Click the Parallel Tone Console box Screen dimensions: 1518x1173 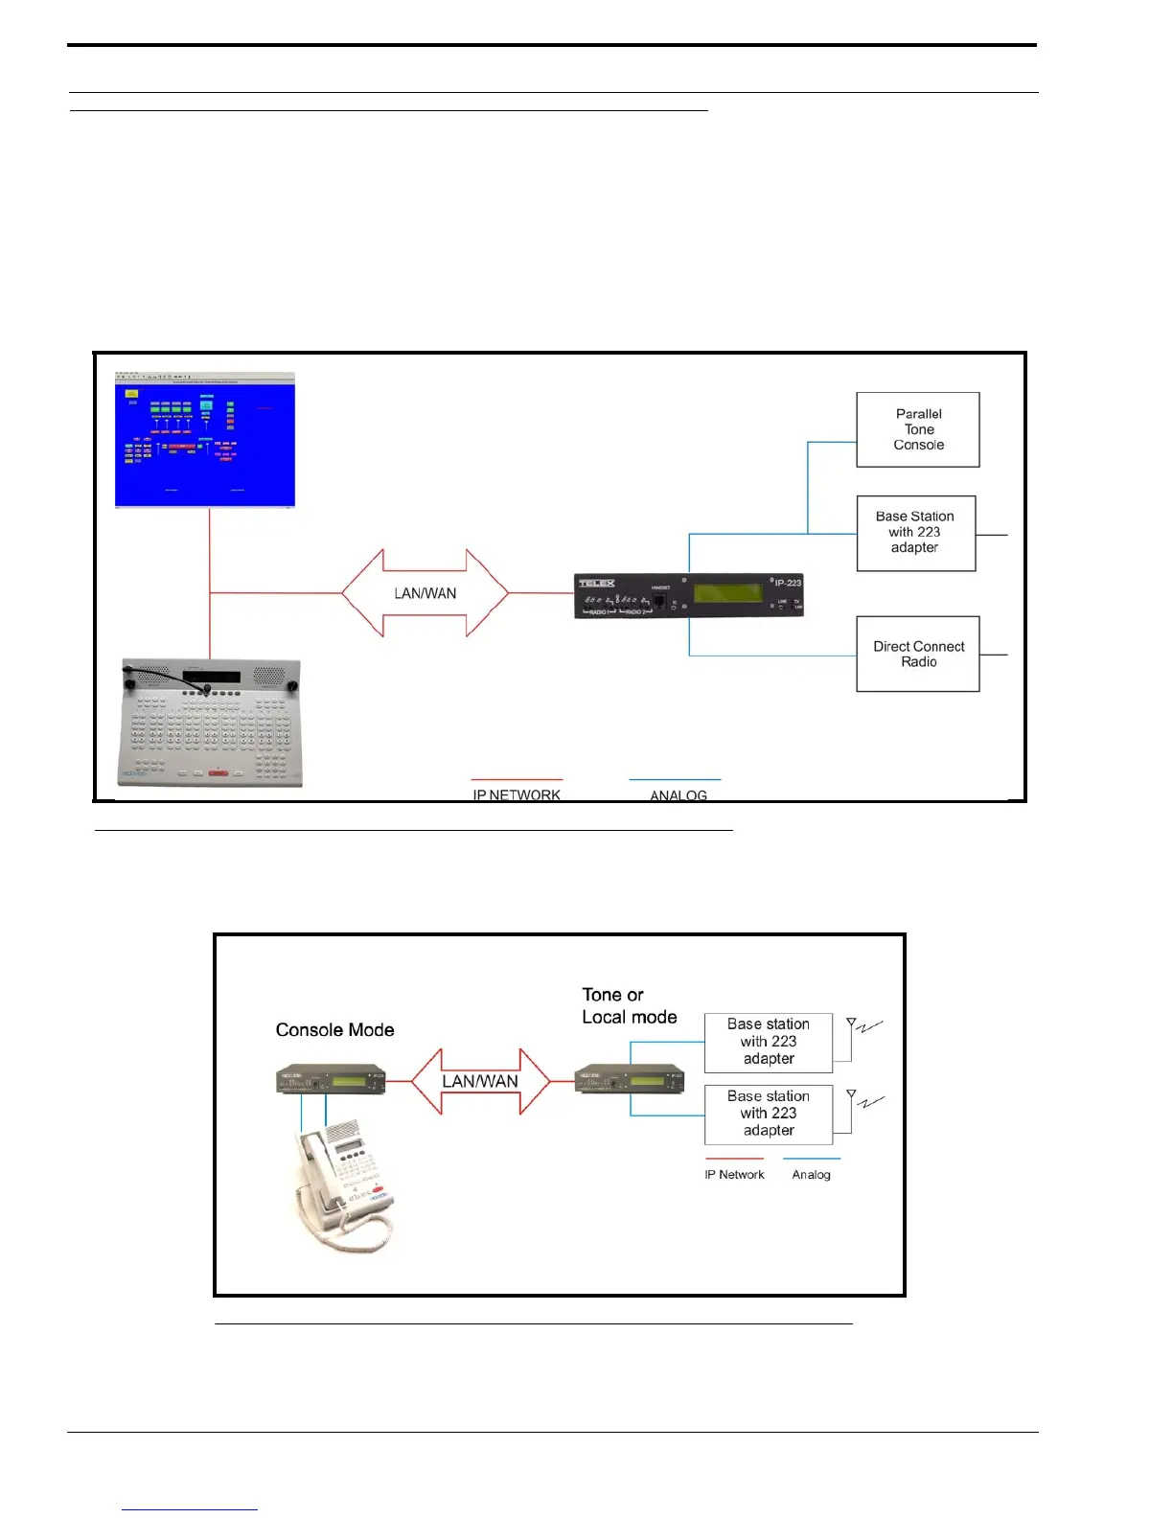917,429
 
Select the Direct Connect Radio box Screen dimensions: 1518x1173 917,654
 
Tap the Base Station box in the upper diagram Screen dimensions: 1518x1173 915,533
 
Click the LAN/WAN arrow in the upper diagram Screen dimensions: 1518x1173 425,593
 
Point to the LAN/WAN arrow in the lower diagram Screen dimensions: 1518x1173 480,1081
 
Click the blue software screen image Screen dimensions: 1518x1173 205,440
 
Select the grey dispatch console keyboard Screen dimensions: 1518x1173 211,723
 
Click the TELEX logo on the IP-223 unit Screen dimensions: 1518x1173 596,583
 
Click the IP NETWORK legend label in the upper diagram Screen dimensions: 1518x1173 517,794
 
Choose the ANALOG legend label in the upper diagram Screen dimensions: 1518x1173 678,795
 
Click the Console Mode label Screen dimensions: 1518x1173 334,1030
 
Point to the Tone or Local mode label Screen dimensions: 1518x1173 629,1006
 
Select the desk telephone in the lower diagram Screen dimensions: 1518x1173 342,1188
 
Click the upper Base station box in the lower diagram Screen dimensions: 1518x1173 768,1042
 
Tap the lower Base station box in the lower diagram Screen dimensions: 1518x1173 768,1114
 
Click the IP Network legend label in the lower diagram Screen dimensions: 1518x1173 734,1175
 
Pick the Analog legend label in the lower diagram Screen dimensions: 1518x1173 811,1175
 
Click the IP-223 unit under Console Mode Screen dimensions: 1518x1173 331,1080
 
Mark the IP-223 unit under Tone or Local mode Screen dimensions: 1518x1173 630,1079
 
